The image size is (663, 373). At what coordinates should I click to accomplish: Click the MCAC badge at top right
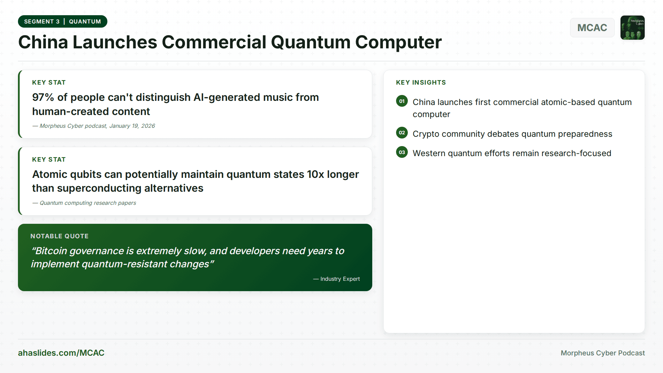[x=592, y=28]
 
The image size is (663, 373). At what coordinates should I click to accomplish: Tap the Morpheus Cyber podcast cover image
[x=632, y=28]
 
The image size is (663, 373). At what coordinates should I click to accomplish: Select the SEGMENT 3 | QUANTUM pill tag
[x=63, y=21]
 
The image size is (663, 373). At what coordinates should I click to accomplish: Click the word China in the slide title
[x=43, y=42]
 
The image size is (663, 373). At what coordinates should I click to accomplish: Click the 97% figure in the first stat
[x=43, y=97]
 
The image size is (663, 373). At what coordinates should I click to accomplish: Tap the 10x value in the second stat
[x=315, y=174]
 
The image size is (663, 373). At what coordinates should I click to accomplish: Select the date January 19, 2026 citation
[x=132, y=126]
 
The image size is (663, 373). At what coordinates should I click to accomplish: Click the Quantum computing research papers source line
[x=88, y=203]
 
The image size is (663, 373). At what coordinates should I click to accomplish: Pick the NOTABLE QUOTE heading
[x=59, y=236]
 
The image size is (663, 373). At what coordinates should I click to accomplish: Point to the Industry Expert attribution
[x=340, y=279]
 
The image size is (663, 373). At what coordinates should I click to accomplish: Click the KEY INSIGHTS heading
[x=421, y=83]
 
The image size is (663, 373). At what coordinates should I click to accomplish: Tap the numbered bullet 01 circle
[x=402, y=101]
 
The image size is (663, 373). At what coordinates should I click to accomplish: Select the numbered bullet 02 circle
[x=402, y=133]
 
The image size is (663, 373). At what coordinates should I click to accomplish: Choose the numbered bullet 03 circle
[x=402, y=152]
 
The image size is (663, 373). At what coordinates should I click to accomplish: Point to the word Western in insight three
[x=429, y=153]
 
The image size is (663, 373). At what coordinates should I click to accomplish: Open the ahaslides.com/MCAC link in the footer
[x=61, y=353]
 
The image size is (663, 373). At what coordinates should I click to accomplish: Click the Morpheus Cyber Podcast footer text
[x=603, y=353]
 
